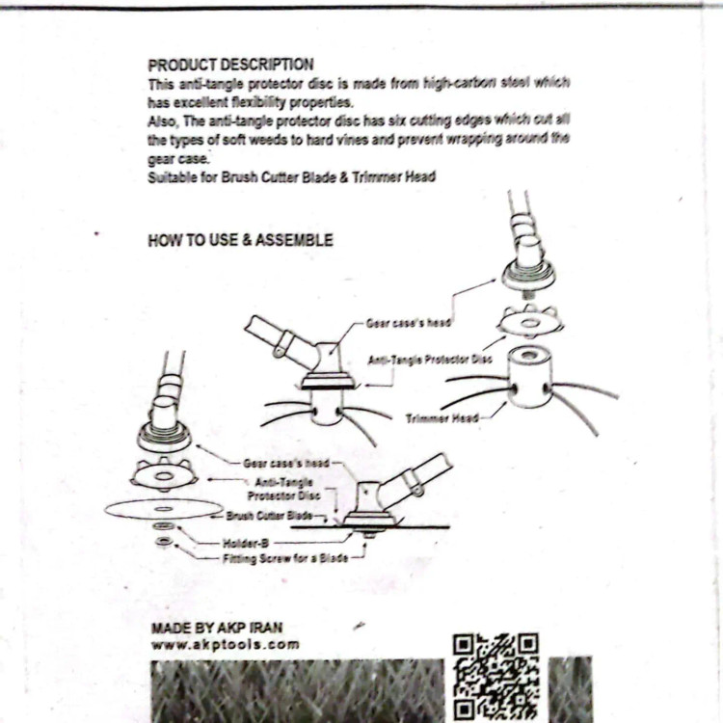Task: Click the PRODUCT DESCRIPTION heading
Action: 230,65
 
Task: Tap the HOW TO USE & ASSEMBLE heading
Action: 240,240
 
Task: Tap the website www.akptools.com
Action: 226,645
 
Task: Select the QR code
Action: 495,676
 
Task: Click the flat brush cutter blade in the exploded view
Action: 163,509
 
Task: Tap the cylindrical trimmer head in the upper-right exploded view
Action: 529,377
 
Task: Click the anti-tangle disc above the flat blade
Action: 164,474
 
